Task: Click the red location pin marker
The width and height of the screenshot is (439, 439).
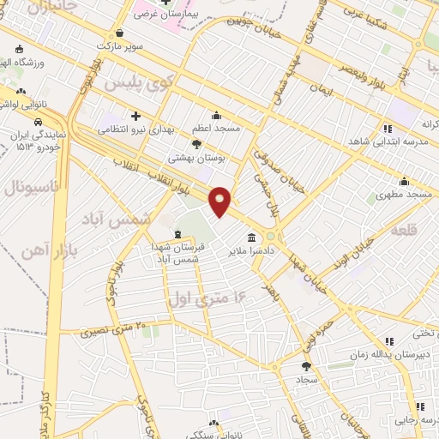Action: click(220, 201)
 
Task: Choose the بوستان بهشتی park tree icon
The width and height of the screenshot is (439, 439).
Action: click(197, 145)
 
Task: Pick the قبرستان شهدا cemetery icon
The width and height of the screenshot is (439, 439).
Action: click(177, 234)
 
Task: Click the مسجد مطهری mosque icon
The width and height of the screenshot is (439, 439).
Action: click(404, 182)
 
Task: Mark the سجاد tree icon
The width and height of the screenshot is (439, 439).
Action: click(306, 366)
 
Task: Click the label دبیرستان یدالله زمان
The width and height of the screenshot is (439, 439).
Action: click(394, 353)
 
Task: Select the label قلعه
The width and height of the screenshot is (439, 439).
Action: click(406, 231)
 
